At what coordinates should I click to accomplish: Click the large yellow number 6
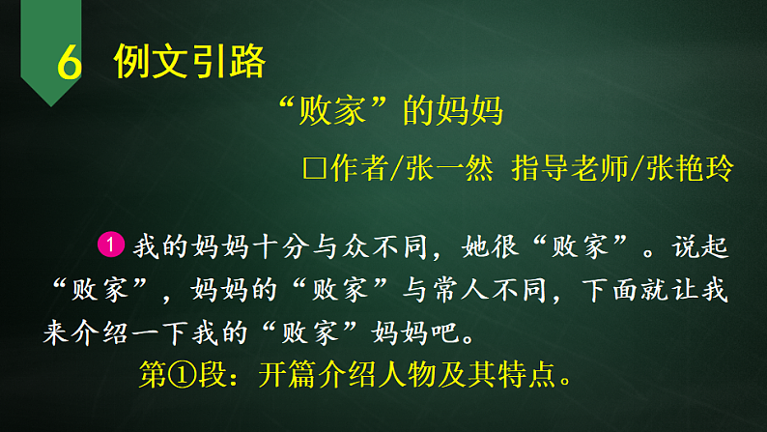tap(68, 64)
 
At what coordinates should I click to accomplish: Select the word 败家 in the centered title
tap(338, 113)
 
